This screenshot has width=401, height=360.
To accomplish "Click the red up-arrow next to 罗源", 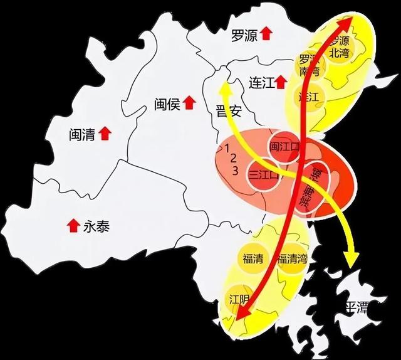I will (267, 34).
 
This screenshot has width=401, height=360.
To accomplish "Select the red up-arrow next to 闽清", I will (105, 134).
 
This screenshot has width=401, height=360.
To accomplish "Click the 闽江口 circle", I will (284, 147).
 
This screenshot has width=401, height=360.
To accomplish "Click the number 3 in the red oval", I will (236, 171).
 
